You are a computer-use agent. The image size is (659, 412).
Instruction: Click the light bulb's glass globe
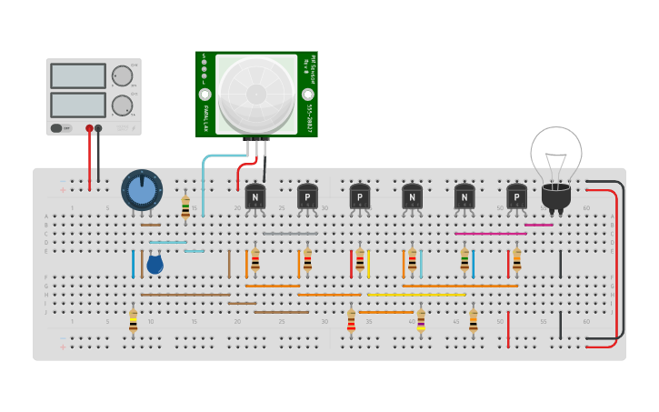(x=555, y=153)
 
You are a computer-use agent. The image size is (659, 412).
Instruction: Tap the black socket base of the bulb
(x=555, y=196)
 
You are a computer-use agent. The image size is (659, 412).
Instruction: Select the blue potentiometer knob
(x=141, y=191)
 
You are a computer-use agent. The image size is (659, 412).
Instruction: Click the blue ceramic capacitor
(x=155, y=265)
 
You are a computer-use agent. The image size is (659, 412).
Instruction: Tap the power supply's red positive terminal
(x=89, y=128)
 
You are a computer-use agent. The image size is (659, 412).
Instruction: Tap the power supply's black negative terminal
(x=98, y=128)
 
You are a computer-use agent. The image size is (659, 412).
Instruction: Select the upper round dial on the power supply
(x=121, y=75)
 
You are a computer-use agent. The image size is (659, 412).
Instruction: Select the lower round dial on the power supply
(x=121, y=106)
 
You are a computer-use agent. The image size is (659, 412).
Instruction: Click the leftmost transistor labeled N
(x=255, y=196)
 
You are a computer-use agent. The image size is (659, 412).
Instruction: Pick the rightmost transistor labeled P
(x=516, y=196)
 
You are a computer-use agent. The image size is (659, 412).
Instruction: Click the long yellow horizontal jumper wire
(x=416, y=295)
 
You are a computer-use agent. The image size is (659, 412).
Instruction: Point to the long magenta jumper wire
(x=491, y=234)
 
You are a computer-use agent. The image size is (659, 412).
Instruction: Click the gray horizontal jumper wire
(x=290, y=234)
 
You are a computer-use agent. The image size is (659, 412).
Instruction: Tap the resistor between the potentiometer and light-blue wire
(x=185, y=206)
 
